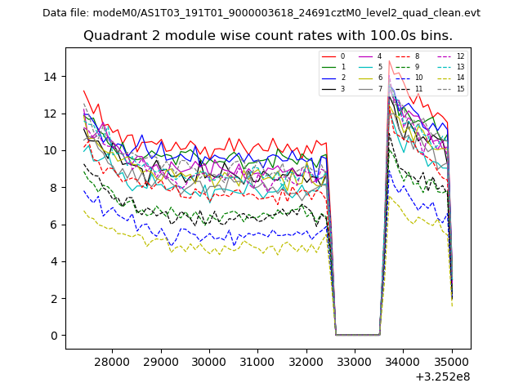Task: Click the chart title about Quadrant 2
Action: tap(267, 36)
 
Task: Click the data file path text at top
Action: tap(261, 13)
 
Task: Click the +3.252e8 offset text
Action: tap(442, 376)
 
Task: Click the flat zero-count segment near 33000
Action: tap(357, 335)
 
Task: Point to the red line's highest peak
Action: tap(389, 60)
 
